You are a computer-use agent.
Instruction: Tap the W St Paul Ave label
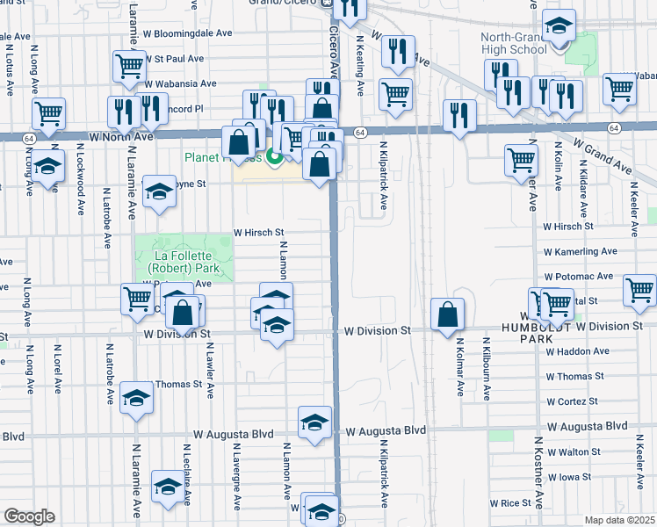tap(174, 59)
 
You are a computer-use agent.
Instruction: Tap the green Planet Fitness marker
tap(274, 158)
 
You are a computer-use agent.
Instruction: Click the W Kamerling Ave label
tap(581, 251)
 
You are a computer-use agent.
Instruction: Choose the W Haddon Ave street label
tap(577, 351)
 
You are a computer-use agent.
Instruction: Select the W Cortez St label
tap(572, 401)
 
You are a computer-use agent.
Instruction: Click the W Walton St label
tap(573, 451)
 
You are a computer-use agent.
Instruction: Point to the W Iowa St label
tap(570, 478)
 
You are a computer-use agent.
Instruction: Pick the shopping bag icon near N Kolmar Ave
tap(447, 314)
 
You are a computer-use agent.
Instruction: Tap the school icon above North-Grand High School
tap(558, 26)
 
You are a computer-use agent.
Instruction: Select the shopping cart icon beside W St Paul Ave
tap(129, 64)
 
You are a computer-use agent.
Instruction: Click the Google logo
tap(29, 516)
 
